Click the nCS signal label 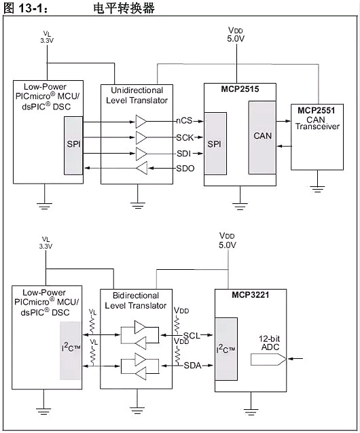(x=183, y=121)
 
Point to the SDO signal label (x=185, y=168)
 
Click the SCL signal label (x=192, y=336)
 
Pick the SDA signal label (x=192, y=365)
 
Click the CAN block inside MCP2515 (x=263, y=136)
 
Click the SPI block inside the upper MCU (x=73, y=145)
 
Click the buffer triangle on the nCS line (x=141, y=121)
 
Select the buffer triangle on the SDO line (x=141, y=168)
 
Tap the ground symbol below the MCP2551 (x=316, y=183)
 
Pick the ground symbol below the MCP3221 (x=253, y=411)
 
